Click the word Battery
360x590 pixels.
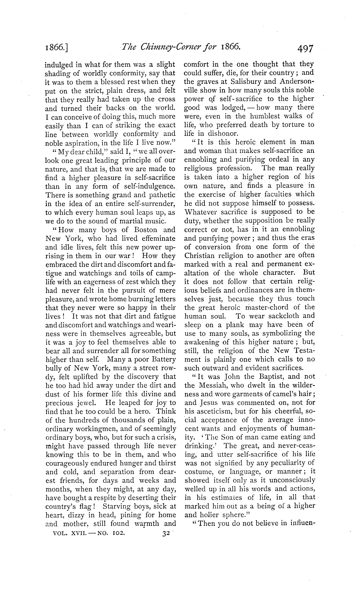pos(162,359)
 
